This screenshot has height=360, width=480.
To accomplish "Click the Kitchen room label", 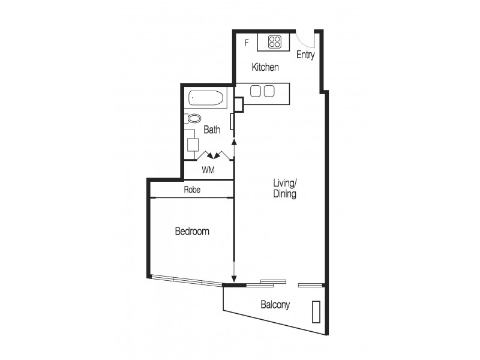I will point(265,67).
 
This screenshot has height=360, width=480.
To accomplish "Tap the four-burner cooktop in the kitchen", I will point(275,42).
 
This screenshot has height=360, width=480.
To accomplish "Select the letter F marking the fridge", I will point(246,42).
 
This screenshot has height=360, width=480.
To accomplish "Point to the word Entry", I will point(305,55).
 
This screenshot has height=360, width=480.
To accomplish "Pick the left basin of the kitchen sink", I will point(255,91).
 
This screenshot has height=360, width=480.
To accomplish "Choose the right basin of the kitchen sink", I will point(269,91).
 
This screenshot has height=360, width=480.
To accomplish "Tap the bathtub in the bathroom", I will point(206,98).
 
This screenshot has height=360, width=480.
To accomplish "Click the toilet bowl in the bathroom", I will point(194,118).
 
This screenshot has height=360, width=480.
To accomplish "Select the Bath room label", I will point(212,129).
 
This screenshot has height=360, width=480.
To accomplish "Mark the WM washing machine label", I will point(208,170).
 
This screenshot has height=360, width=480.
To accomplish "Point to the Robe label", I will point(192,190).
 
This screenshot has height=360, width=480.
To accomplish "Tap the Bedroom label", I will point(192,231).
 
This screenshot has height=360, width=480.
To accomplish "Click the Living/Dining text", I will point(285,188).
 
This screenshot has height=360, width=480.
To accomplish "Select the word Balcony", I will point(275,305).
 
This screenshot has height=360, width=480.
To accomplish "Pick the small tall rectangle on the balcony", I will point(316,312).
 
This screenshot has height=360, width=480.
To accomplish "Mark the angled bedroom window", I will point(186,280).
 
